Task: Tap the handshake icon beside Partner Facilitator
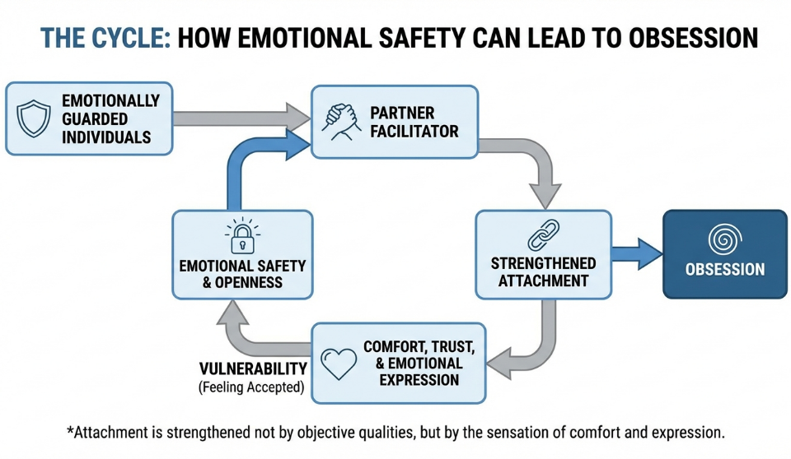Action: point(341,120)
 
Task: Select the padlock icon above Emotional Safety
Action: point(242,237)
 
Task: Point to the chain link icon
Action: point(543,236)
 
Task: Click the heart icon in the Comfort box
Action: point(338,364)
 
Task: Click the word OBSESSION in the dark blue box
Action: point(725,269)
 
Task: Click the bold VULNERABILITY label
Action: point(253,369)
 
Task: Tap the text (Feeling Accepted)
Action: point(253,387)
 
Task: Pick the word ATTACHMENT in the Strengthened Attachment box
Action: point(543,280)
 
